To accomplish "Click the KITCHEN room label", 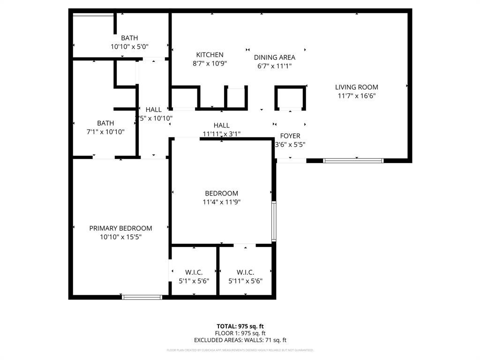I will (210, 55).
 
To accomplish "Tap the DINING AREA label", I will (275, 57).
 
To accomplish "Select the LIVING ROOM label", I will (356, 87).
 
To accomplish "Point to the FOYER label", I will (290, 136).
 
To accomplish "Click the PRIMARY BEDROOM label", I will (120, 228).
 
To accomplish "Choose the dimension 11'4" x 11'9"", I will (221, 202).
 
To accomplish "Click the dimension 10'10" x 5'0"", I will (129, 46).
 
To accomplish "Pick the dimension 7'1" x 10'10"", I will (105, 132).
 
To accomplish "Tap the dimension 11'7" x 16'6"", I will (356, 96).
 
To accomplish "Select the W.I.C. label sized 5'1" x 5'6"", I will (194, 272).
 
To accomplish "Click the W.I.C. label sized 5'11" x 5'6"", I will (245, 272).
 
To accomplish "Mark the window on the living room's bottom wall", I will (353, 161).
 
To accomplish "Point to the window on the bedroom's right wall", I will (274, 221).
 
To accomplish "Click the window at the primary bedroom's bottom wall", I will (142, 297).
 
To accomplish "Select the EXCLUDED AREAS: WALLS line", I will (240, 340).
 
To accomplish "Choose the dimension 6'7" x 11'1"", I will (275, 66).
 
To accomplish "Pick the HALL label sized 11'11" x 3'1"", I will (222, 125).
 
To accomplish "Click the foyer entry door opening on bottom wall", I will (291, 161).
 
